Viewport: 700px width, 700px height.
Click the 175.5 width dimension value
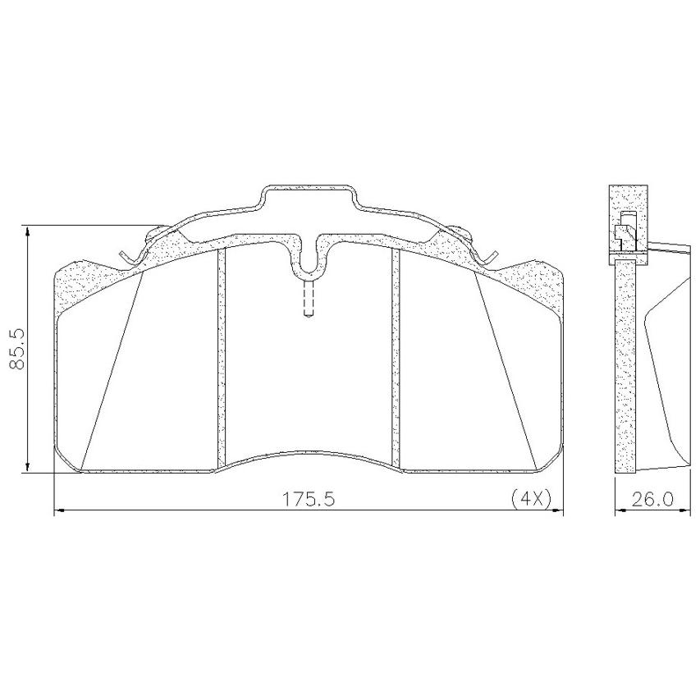[309, 499]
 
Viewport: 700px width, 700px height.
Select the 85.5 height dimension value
[18, 350]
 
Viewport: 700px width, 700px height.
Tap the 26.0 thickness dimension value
[652, 499]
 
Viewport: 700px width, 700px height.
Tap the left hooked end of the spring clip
[126, 257]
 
